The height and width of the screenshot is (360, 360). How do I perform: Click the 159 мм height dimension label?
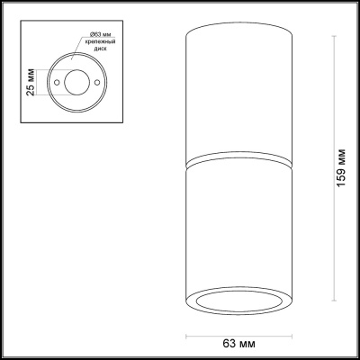coord(341,167)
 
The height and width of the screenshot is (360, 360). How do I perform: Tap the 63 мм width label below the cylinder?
coord(239,343)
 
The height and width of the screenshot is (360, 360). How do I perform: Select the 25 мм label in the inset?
coord(31,83)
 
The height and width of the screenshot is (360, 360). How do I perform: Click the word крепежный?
coord(100,42)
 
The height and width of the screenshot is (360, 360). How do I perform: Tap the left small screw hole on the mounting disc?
coord(56,82)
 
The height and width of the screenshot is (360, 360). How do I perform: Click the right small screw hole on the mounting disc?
coord(96,82)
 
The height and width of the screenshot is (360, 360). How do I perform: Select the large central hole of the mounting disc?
coord(76,82)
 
